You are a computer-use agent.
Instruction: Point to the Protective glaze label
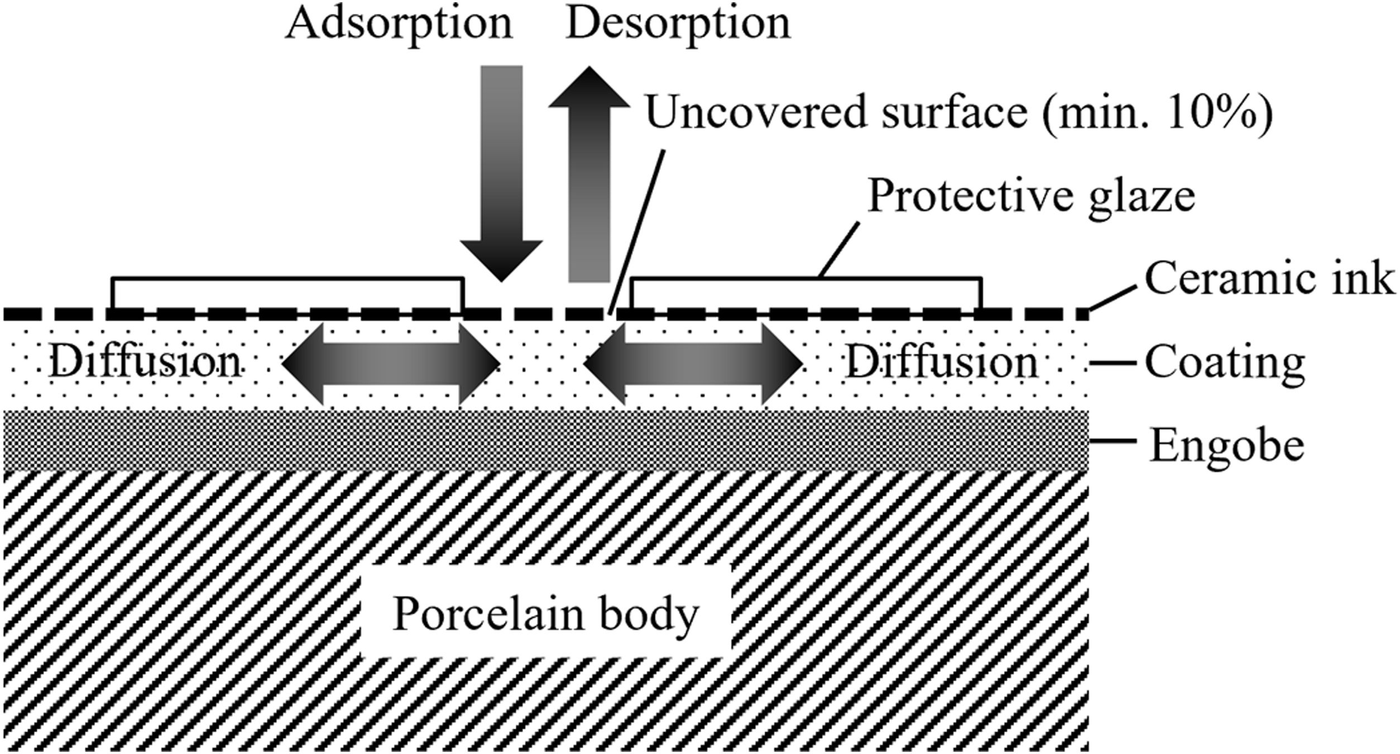(x=1031, y=197)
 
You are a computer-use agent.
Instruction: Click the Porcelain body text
(x=545, y=615)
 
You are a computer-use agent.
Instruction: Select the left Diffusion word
(x=145, y=363)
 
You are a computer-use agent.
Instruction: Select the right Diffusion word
(x=942, y=363)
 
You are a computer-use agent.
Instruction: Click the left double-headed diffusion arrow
(x=391, y=364)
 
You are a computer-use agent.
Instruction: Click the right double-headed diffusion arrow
(x=693, y=364)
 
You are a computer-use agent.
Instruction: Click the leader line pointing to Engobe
(x=1113, y=441)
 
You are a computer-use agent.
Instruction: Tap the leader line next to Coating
(x=1113, y=364)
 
